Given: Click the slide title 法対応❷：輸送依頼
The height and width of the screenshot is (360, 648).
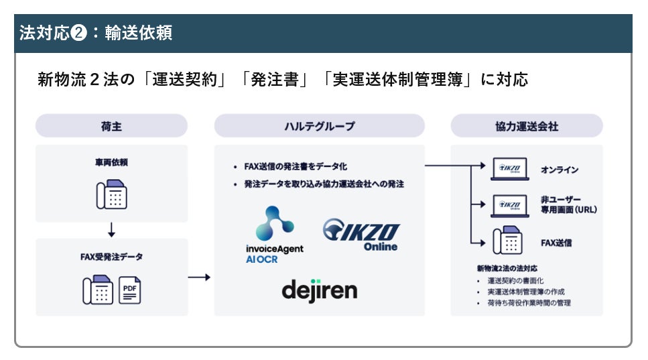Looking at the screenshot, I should pyautogui.click(x=96, y=34).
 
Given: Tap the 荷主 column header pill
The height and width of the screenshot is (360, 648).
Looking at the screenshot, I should pyautogui.click(x=111, y=126).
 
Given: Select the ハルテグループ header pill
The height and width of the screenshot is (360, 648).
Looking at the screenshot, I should pyautogui.click(x=319, y=126).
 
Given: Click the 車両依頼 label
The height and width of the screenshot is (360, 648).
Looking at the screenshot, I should pyautogui.click(x=111, y=162).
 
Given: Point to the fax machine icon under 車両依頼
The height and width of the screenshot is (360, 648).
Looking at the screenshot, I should pyautogui.click(x=111, y=194).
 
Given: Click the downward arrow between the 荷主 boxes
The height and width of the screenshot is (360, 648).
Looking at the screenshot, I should pyautogui.click(x=111, y=229).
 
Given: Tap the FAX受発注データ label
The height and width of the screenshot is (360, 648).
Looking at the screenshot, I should pyautogui.click(x=111, y=256).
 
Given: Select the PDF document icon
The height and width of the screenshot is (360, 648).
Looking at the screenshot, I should pyautogui.click(x=129, y=290).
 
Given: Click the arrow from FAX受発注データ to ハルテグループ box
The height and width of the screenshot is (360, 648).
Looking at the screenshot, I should pyautogui.click(x=200, y=276).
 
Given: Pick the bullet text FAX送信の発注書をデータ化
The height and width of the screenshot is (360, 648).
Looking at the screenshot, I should pyautogui.click(x=296, y=166).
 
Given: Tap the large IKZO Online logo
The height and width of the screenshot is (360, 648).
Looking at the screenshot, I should pyautogui.click(x=361, y=235).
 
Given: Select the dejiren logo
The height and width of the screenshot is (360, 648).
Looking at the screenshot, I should pyautogui.click(x=319, y=290).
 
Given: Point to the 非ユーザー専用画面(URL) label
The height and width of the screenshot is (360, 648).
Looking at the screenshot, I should pyautogui.click(x=568, y=204).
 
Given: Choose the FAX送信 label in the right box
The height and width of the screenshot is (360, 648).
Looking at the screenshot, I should pyautogui.click(x=556, y=242).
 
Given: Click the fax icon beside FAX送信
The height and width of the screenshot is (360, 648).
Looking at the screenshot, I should pyautogui.click(x=508, y=241).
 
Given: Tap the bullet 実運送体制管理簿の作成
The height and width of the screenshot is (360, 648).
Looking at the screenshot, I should pyautogui.click(x=525, y=292).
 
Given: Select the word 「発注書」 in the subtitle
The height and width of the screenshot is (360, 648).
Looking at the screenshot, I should pyautogui.click(x=277, y=80).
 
